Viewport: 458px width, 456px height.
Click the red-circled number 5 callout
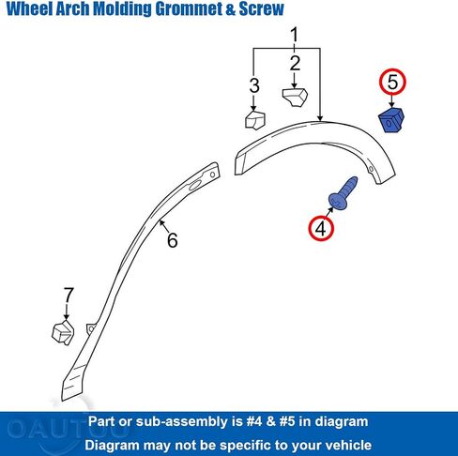[392, 82]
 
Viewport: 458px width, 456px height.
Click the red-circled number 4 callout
[321, 228]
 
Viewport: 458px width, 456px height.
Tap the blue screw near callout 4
[343, 192]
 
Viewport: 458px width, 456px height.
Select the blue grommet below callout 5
[391, 120]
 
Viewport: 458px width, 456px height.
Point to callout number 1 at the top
[295, 35]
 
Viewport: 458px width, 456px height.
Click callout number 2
[295, 64]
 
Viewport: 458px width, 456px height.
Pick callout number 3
[254, 85]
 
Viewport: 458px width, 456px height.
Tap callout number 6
[173, 240]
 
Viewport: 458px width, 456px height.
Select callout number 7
[69, 296]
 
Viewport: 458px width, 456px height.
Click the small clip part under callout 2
[295, 98]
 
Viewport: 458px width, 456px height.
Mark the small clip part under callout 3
[255, 120]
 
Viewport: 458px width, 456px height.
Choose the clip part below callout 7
[63, 332]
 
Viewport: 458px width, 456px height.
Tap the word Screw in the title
[262, 8]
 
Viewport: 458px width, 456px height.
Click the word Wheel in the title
[30, 8]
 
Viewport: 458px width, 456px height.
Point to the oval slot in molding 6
[196, 186]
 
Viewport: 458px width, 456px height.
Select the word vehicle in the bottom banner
[348, 446]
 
